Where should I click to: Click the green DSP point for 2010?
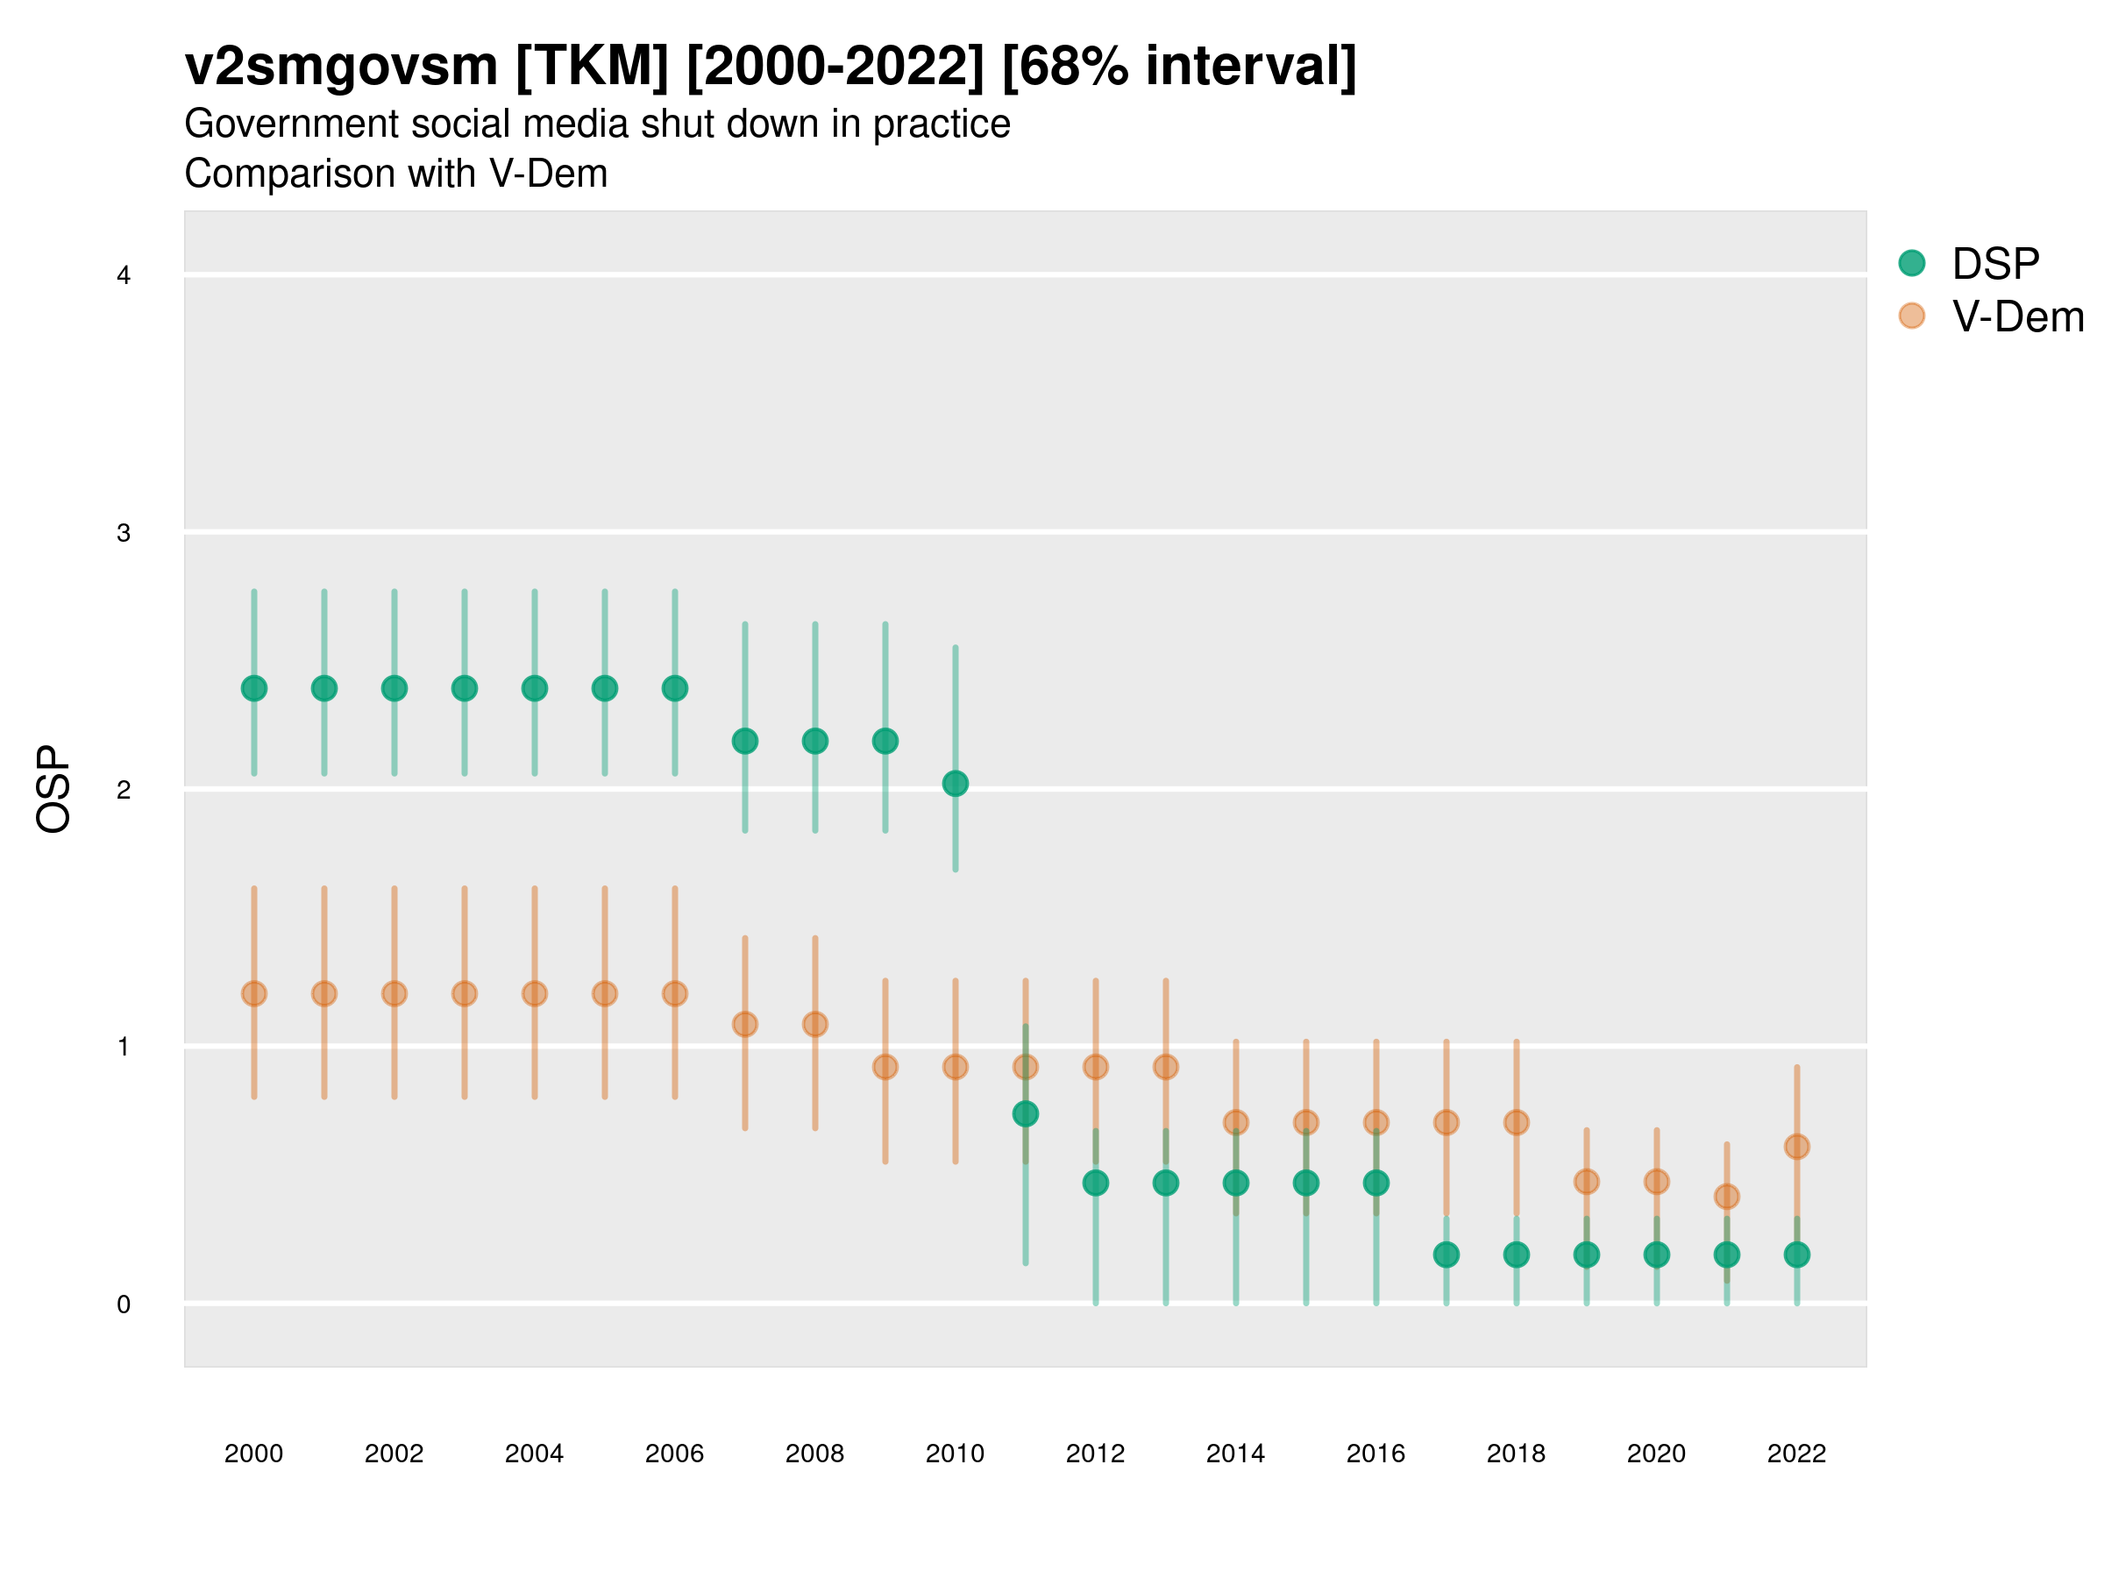955,783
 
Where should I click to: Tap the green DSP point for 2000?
254,687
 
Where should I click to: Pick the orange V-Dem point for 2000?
254,993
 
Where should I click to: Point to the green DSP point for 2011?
1026,1112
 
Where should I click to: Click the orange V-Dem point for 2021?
1726,1196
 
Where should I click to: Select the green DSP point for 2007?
745,740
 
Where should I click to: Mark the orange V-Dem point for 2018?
1516,1122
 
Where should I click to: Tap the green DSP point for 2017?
1446,1255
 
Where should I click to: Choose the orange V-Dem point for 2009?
885,1066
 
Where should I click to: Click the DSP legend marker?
1911,262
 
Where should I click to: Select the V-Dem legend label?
2017,316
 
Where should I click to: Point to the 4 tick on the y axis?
124,276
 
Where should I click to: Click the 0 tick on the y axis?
124,1304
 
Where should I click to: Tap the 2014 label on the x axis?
1235,1454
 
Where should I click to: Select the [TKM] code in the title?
593,67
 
